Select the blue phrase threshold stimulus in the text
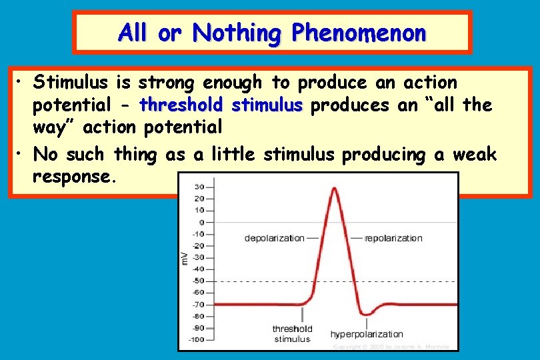click(x=221, y=105)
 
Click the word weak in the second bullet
click(x=474, y=154)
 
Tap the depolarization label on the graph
click(x=274, y=238)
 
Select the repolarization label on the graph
click(x=393, y=238)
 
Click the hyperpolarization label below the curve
click(x=367, y=334)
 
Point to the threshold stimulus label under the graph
click(x=291, y=334)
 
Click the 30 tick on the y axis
click(x=200, y=187)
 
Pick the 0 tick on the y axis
click(x=201, y=222)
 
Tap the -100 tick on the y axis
click(x=197, y=340)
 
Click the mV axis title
click(x=185, y=257)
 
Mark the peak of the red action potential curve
click(x=334, y=189)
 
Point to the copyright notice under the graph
click(x=392, y=347)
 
